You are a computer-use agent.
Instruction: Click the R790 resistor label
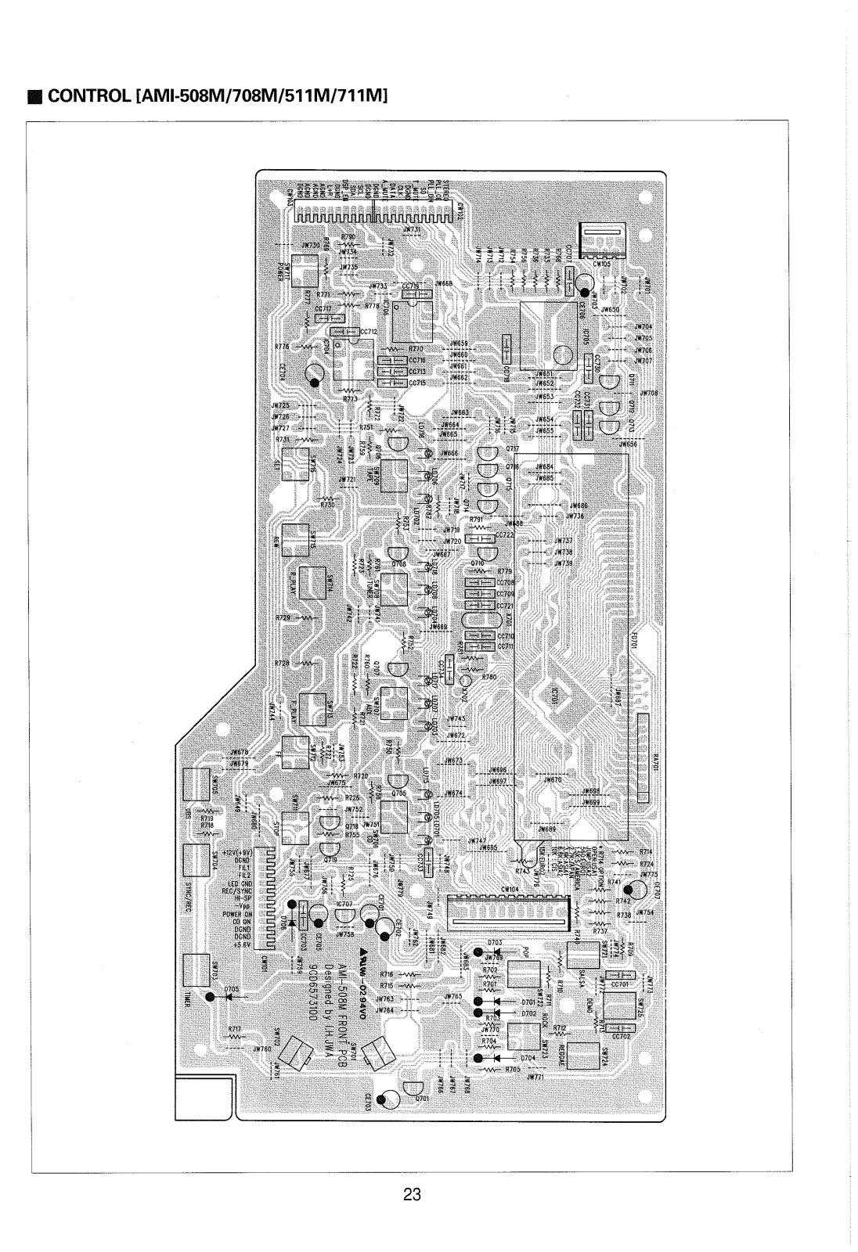pos(348,236)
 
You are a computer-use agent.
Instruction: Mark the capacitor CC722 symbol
pos(477,536)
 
